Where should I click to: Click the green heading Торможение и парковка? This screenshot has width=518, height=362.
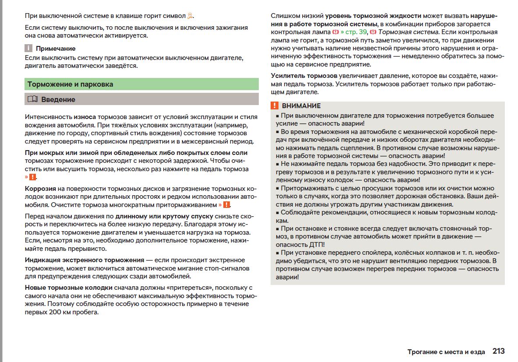pyautogui.click(x=70, y=84)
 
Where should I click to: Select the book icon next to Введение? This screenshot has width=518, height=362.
pyautogui.click(x=32, y=99)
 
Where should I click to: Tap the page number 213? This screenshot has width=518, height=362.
pyautogui.click(x=498, y=351)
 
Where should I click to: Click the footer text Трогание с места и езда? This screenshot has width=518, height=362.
pyautogui.click(x=446, y=351)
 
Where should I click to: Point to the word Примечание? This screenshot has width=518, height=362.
pyautogui.click(x=56, y=49)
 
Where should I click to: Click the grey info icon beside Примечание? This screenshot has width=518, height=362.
pyautogui.click(x=28, y=48)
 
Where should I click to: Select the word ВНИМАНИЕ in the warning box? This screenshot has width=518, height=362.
pyautogui.click(x=301, y=106)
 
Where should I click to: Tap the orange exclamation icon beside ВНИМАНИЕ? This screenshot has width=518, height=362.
pyautogui.click(x=275, y=106)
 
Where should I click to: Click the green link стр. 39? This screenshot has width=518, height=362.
pyautogui.click(x=354, y=32)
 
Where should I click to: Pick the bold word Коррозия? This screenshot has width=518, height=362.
pyautogui.click(x=40, y=188)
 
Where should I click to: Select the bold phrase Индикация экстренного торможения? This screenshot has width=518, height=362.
pyautogui.click(x=85, y=260)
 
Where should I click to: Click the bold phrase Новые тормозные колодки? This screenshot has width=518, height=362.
pyautogui.click(x=68, y=288)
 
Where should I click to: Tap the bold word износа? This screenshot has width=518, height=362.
pyautogui.click(x=85, y=117)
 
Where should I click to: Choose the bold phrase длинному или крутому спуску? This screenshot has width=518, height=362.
pyautogui.click(x=164, y=216)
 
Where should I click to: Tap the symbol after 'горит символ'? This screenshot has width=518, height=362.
pyautogui.click(x=190, y=16)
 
